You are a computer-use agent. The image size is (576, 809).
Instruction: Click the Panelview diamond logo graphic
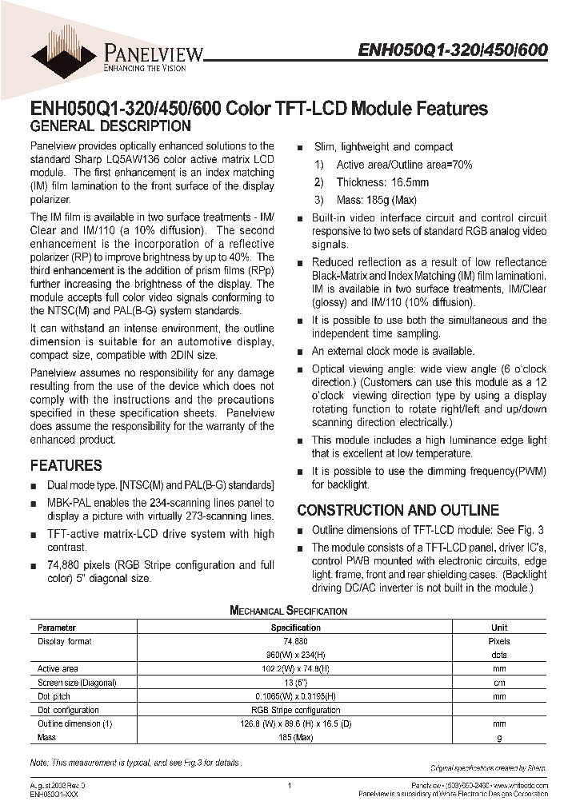tap(66, 49)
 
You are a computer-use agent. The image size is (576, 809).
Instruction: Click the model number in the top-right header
tap(452, 50)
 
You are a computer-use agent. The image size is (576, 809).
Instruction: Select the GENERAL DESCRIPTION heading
tap(110, 126)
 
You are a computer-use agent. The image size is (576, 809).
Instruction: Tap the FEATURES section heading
tap(66, 465)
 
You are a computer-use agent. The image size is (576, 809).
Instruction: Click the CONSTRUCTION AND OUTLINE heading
tap(398, 510)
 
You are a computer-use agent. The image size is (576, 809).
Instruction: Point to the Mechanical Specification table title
tap(288, 611)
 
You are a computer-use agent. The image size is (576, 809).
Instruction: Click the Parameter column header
tap(57, 628)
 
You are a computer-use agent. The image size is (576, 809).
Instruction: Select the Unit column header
tap(499, 628)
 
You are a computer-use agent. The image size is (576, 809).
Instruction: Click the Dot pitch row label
tap(54, 696)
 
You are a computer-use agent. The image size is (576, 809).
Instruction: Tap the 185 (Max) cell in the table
tap(295, 737)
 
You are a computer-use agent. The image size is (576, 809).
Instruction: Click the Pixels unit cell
tap(499, 641)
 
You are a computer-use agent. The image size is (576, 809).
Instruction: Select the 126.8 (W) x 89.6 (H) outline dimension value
tap(295, 723)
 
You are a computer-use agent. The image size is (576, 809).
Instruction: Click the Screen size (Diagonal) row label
tap(77, 683)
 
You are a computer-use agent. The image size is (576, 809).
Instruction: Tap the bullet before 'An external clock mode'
tap(300, 352)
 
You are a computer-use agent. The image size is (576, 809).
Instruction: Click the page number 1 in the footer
tap(288, 786)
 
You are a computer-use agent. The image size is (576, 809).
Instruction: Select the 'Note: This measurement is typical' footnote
tap(134, 763)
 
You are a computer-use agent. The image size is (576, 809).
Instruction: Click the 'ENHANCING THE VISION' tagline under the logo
tap(146, 69)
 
